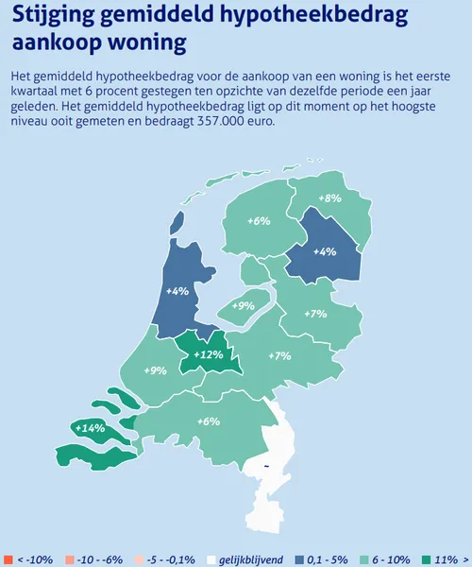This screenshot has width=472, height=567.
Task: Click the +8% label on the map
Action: [329, 198]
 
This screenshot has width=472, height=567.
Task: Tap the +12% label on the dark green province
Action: [208, 355]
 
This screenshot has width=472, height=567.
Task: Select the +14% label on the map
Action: [89, 428]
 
